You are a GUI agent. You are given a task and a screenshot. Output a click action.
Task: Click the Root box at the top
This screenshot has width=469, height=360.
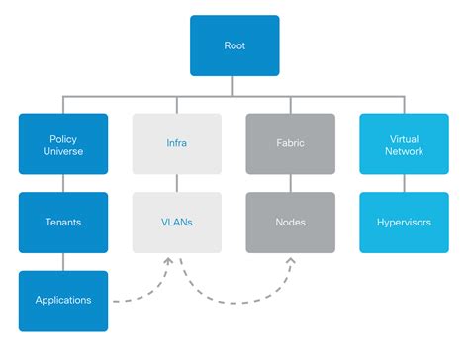[x=234, y=45]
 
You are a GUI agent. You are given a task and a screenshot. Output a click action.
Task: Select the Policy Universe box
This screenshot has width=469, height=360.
[x=63, y=143]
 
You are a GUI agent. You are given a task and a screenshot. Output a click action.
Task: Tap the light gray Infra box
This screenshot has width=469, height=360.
[x=177, y=143]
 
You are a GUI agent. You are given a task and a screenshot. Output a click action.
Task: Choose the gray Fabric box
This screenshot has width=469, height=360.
[x=291, y=143]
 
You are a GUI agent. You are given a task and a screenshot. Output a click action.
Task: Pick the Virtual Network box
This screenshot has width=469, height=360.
[x=405, y=143]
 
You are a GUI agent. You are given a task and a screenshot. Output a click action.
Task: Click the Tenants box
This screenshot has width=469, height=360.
[x=63, y=222]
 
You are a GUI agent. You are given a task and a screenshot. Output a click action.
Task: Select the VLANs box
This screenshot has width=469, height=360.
[x=177, y=222]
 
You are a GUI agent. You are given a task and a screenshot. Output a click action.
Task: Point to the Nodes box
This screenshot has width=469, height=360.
[x=291, y=222]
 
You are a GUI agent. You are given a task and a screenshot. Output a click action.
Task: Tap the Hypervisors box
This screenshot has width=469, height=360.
[x=405, y=222]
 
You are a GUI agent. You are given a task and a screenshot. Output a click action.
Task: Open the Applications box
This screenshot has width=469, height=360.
[x=63, y=300]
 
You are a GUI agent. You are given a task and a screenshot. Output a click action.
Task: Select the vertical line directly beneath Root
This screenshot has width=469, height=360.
[x=234, y=86]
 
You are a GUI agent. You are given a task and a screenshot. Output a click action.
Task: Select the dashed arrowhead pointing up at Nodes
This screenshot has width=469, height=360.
[x=291, y=260]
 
